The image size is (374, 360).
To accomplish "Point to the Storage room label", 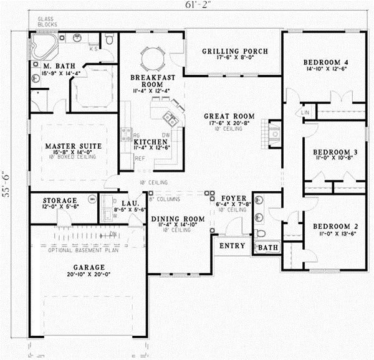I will (60, 201).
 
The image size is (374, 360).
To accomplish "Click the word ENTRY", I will (233, 246).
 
